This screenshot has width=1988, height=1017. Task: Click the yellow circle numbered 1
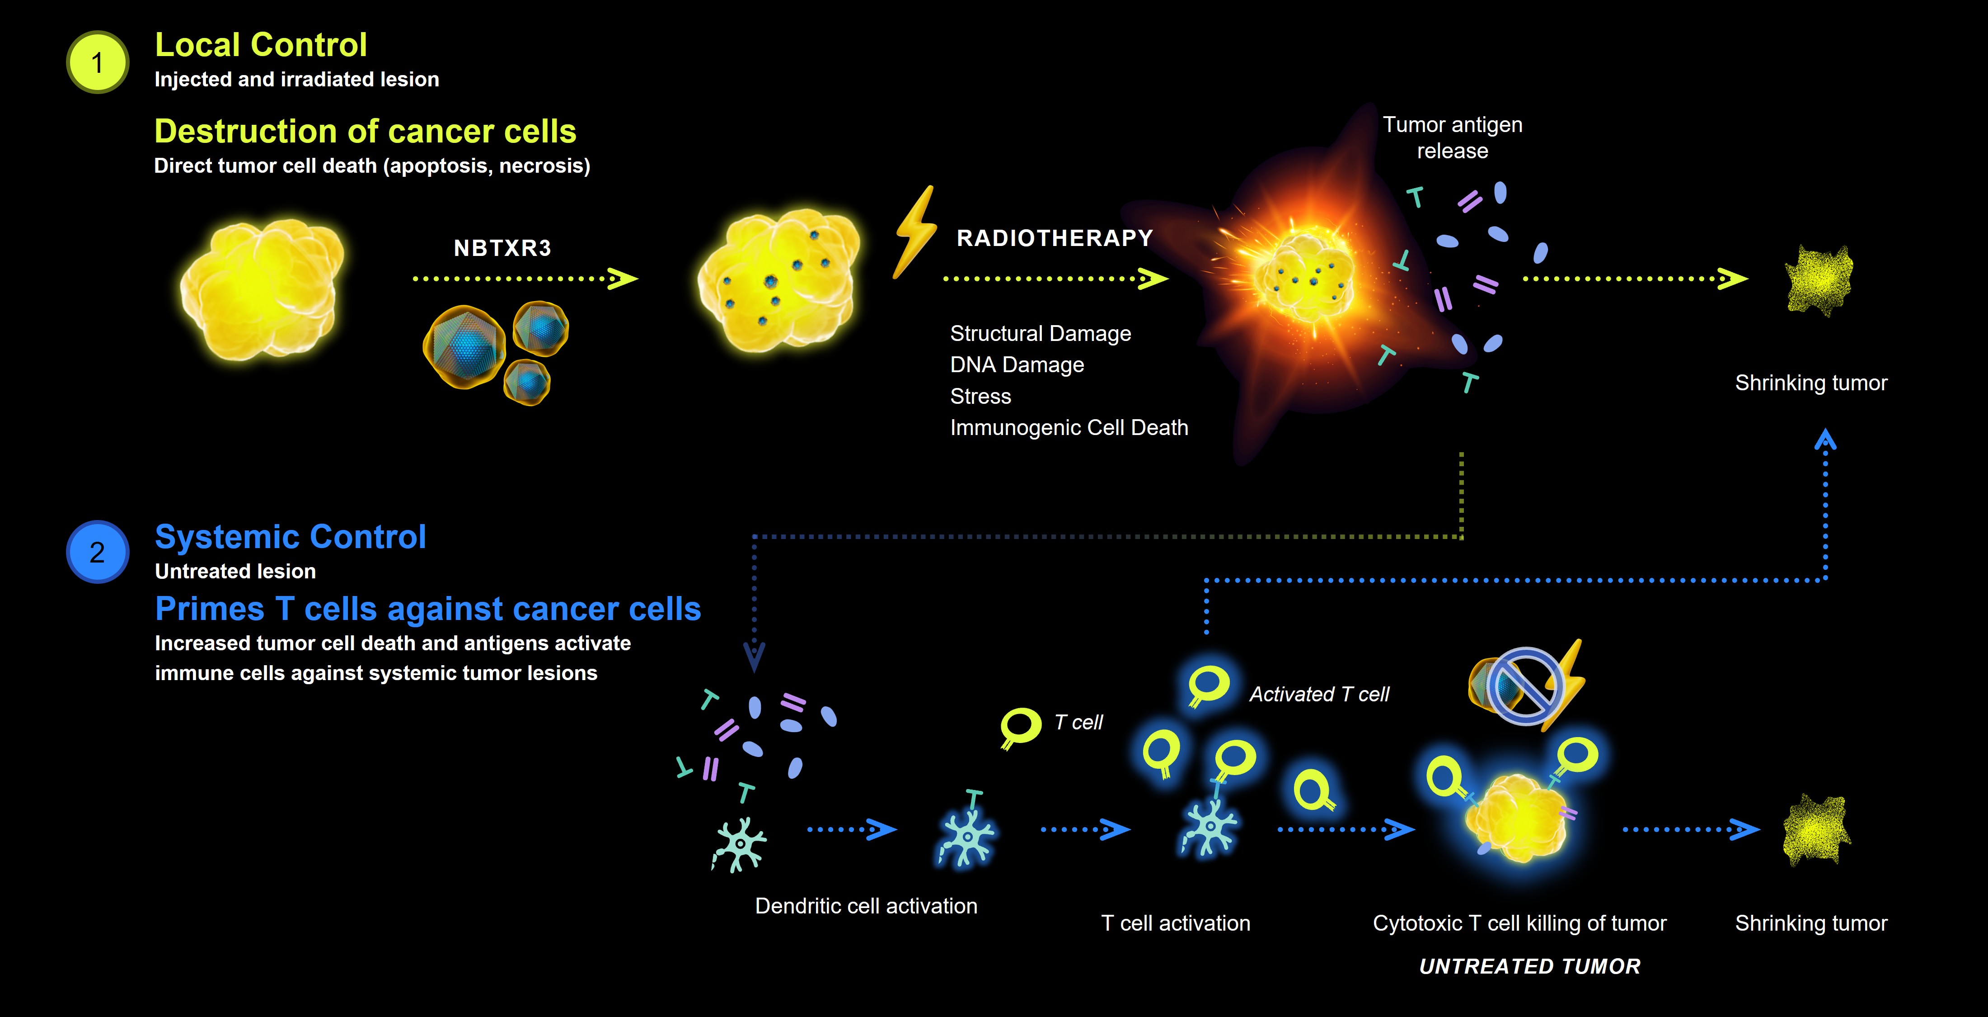click(x=97, y=62)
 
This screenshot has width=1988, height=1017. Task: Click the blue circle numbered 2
click(x=97, y=552)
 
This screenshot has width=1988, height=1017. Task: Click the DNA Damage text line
click(x=1017, y=364)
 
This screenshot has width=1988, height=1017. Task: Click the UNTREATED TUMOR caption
click(x=1529, y=966)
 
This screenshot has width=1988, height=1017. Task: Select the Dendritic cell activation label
click(x=866, y=906)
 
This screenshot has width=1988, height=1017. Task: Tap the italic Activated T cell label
click(x=1319, y=694)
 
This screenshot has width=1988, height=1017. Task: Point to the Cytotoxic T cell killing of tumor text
click(x=1519, y=923)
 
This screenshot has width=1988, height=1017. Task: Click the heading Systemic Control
click(x=290, y=537)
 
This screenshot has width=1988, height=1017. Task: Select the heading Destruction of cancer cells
click(x=365, y=131)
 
